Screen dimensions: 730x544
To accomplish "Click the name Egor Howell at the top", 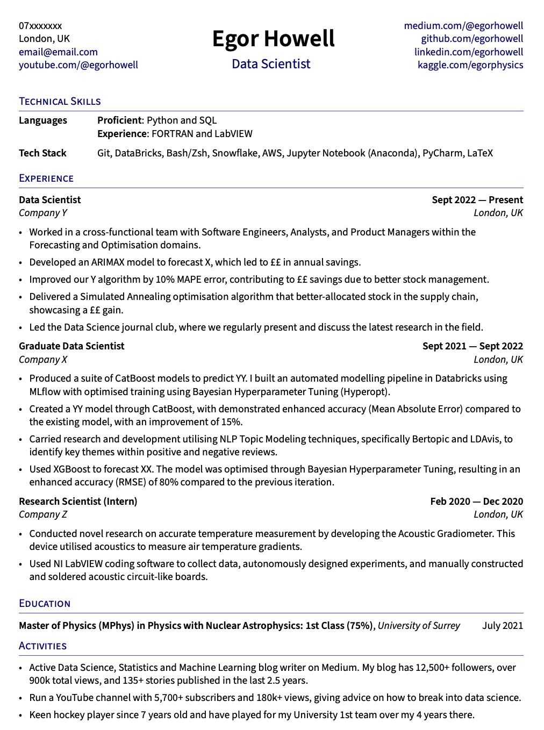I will point(273,39).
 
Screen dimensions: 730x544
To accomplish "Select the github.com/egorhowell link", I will point(472,39).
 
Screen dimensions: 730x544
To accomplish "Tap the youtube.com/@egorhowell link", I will point(78,65).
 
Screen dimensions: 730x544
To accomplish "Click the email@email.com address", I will point(58,52).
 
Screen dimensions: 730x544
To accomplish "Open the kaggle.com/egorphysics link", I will point(470,65).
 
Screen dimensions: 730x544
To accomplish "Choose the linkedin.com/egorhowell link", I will point(469,52).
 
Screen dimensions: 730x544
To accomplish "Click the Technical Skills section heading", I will point(60,102).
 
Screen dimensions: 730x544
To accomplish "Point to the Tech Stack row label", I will point(42,153).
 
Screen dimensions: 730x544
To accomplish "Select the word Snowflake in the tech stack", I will point(235,153).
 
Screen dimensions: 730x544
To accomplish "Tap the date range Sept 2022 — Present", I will point(477,200).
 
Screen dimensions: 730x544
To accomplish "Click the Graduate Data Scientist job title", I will point(71,346).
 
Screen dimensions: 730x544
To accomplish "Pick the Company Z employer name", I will point(43,514).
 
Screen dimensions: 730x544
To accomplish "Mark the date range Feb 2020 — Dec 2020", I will point(476,502).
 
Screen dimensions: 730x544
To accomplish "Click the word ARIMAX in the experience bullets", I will point(111,262).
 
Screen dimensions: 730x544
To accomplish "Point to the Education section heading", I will point(45,604).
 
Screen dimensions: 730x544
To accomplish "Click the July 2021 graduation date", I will point(503,626).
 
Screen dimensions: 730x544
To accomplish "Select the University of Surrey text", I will point(419,626).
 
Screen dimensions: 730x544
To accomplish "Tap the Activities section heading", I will point(43,646).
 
